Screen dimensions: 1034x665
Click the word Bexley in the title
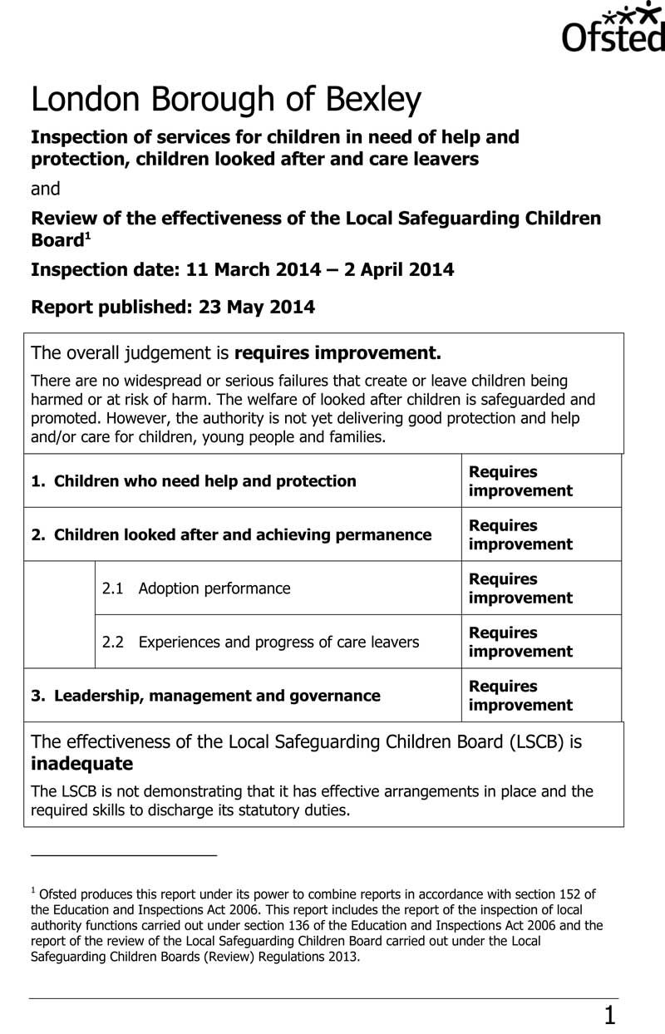coord(373,101)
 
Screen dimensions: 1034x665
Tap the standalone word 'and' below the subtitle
coord(46,189)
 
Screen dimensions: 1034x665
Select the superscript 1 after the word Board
coord(86,236)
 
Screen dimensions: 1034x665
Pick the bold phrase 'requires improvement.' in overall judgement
coord(337,353)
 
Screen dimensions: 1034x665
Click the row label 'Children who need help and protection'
coord(204,481)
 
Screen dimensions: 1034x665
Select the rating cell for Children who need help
coord(520,481)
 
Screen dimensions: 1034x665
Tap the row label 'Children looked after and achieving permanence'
coord(242,535)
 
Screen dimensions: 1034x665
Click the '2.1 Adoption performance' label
coord(196,588)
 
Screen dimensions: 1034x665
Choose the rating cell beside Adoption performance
coord(520,588)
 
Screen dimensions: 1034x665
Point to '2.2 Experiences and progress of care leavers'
coord(260,642)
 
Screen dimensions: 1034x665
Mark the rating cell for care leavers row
coord(520,642)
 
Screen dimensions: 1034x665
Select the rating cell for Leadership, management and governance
coord(520,696)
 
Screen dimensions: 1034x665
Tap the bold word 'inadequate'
coord(81,764)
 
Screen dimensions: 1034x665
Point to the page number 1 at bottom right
coord(610,1015)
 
